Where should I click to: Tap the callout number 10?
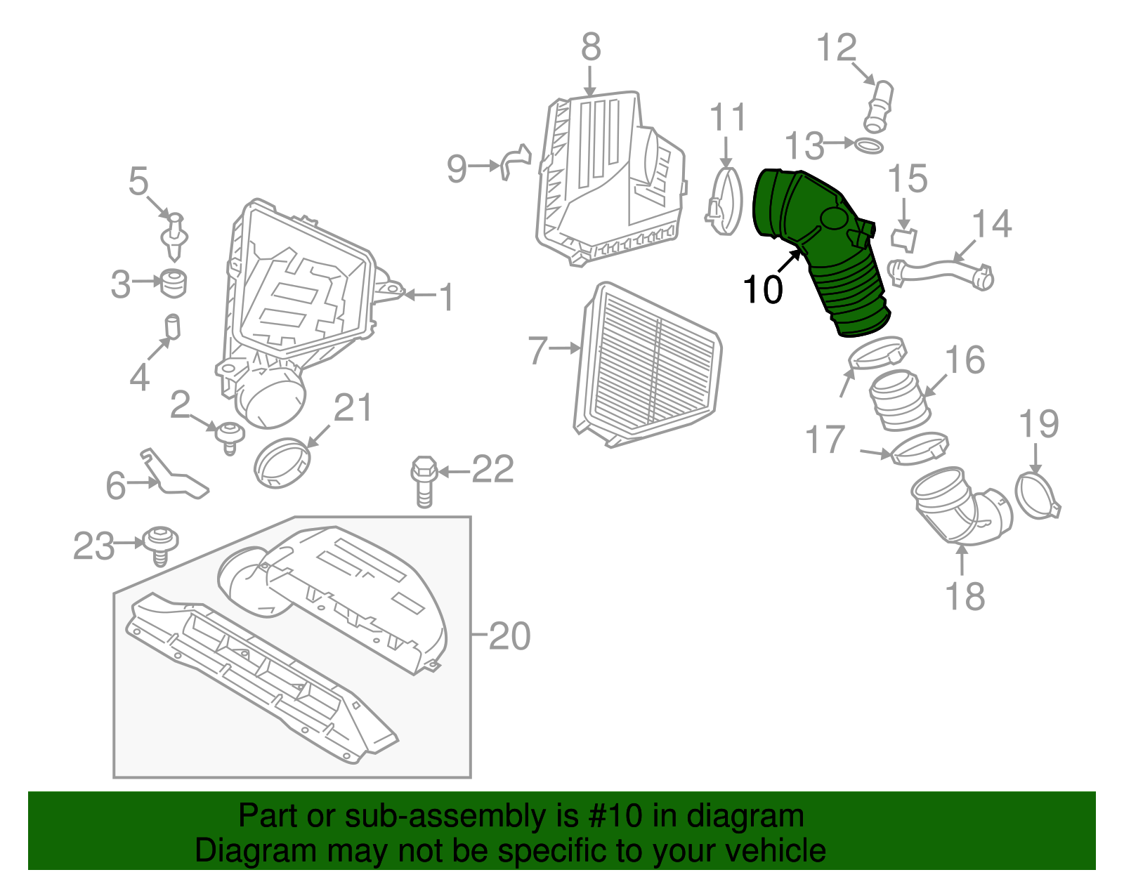762,289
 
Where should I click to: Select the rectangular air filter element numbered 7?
646,365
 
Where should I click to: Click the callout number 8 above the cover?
591,48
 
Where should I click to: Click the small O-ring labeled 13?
869,146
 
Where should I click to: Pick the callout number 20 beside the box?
509,637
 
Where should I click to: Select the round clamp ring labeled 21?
282,463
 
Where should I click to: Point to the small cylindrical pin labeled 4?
172,327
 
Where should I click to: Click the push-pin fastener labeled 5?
175,235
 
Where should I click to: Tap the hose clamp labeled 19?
1037,496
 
